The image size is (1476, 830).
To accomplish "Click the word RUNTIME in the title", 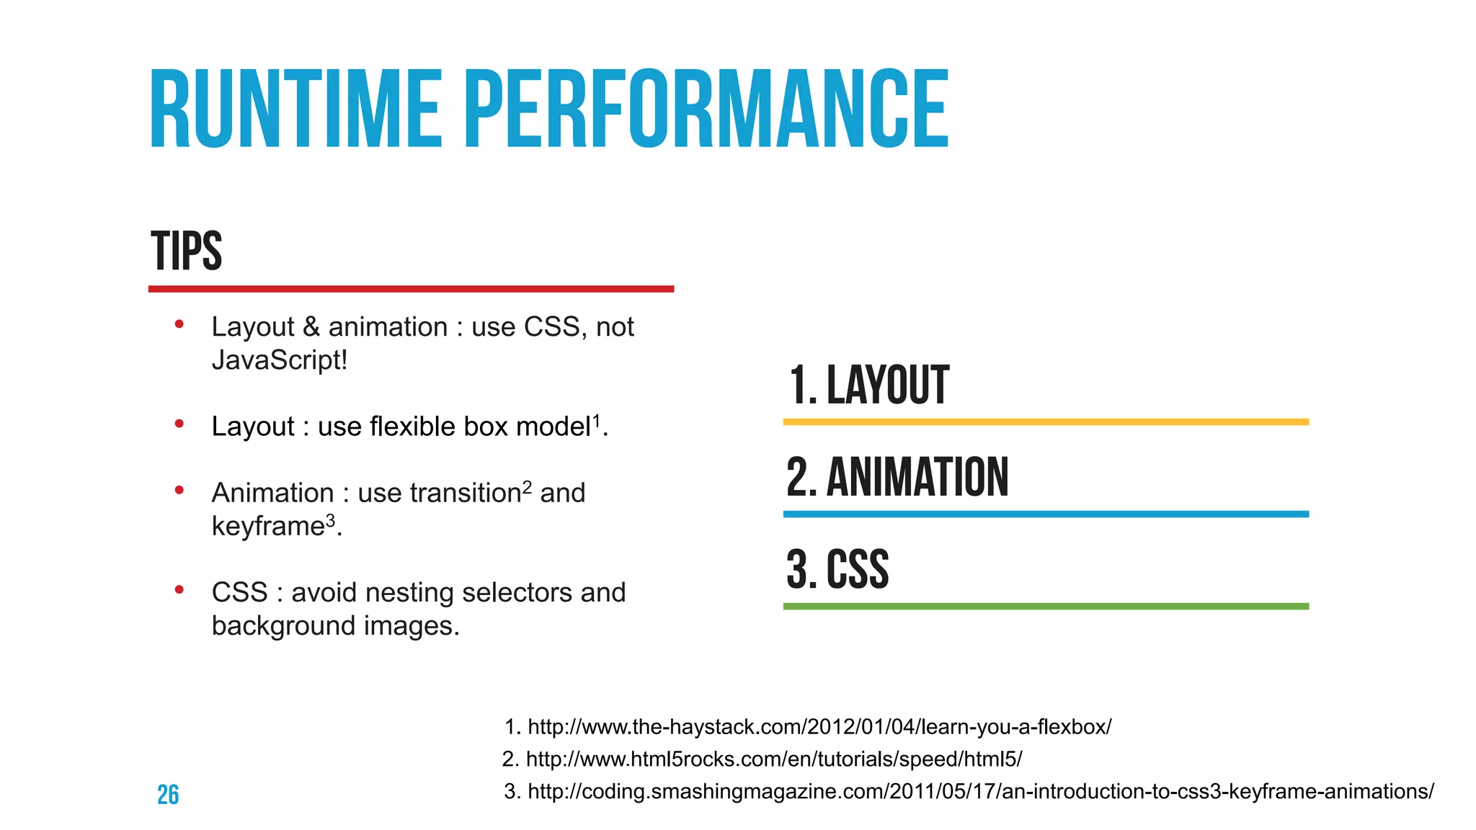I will coord(295,110).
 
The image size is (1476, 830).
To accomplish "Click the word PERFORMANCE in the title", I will coord(706,110).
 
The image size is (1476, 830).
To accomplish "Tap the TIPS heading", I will coord(186,251).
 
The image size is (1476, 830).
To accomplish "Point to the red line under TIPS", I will coord(411,289).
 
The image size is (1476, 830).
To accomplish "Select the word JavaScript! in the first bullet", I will coord(280,360).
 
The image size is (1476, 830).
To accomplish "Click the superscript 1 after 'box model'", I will coord(596,419).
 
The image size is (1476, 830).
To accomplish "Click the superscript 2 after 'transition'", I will coord(527,486).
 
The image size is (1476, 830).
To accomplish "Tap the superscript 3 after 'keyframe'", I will coord(331,519).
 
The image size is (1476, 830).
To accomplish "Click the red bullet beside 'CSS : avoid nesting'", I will coord(179,591).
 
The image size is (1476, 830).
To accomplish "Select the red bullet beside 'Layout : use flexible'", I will coord(179,424).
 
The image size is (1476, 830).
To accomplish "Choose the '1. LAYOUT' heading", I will coord(868,385).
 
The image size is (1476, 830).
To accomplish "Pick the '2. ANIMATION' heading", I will coord(897,477).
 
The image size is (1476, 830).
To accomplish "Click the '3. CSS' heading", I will coord(837,569).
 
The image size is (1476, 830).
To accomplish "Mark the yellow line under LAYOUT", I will coord(1045,422).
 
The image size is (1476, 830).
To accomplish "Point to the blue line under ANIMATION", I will coord(1045,514).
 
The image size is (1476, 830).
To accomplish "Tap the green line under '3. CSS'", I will coord(1045,607).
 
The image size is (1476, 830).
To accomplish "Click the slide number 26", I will coord(168,795).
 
